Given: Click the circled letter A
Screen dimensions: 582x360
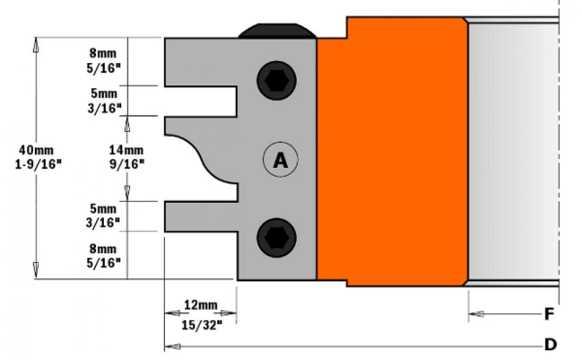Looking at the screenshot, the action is coord(280,160).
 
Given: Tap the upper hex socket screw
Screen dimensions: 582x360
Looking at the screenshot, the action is coord(277,80).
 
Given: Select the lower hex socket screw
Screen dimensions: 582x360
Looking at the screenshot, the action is coord(277,238).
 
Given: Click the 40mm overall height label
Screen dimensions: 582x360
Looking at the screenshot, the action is coord(37,150).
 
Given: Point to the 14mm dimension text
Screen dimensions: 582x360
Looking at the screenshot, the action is coord(126,150).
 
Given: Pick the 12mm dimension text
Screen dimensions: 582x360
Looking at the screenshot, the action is coord(200,305).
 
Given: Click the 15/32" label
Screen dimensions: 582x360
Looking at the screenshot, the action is coord(202,325).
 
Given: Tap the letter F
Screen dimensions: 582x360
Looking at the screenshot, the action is coord(550,314).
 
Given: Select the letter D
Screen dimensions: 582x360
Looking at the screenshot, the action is coord(550,344).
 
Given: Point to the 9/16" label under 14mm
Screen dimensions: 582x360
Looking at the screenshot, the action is coord(127,164).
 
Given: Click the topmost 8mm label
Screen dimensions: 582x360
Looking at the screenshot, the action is coord(103,53).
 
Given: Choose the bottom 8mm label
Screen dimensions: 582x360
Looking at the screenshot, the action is coord(103,248).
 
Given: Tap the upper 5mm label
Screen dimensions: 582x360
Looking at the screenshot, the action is coord(104,93).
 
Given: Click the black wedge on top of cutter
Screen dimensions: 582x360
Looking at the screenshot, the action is coord(277,31).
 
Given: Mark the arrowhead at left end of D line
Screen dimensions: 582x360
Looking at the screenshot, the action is coord(173,346).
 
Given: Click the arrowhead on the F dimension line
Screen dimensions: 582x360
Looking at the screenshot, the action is coord(476,314).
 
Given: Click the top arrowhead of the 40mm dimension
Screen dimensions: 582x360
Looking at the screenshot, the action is coord(36,44).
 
